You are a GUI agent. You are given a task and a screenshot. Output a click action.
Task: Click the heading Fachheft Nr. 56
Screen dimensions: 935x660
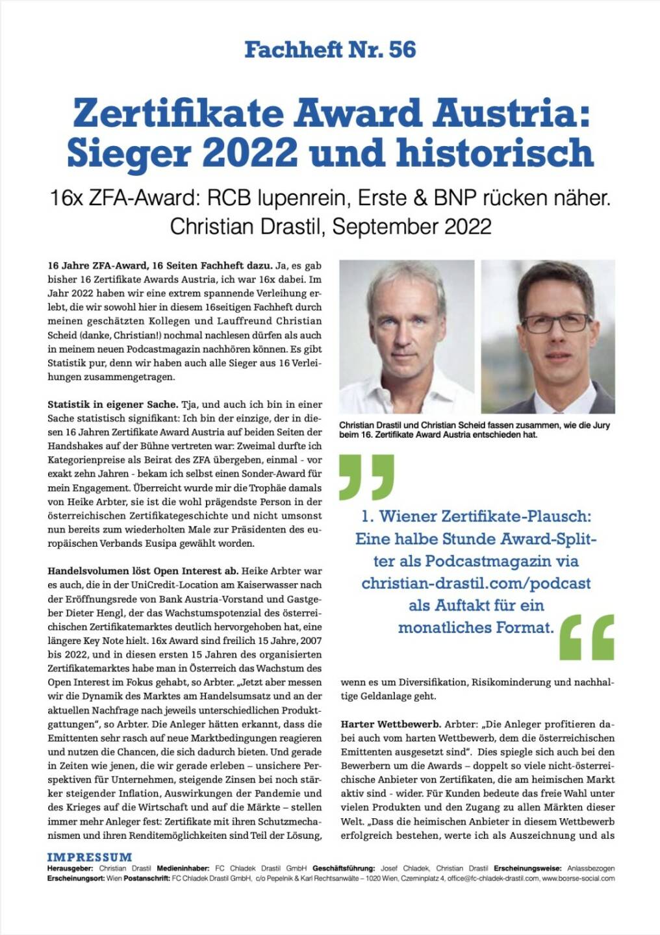click(330, 49)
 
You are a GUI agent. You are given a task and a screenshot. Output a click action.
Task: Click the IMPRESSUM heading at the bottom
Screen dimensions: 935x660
click(89, 857)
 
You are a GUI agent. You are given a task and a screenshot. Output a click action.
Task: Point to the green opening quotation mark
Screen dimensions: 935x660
click(366, 477)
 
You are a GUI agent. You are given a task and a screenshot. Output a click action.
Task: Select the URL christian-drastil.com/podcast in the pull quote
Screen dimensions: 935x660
click(476, 583)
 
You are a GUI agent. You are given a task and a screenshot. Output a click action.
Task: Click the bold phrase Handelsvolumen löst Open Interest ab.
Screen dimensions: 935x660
click(143, 571)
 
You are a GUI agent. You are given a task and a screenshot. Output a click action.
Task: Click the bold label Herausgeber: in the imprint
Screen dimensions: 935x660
click(70, 868)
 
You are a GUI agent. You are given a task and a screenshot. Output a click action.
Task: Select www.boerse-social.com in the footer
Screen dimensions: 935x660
click(578, 879)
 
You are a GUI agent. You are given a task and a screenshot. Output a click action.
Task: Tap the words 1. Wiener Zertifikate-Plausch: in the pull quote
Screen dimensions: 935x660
click(476, 516)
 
